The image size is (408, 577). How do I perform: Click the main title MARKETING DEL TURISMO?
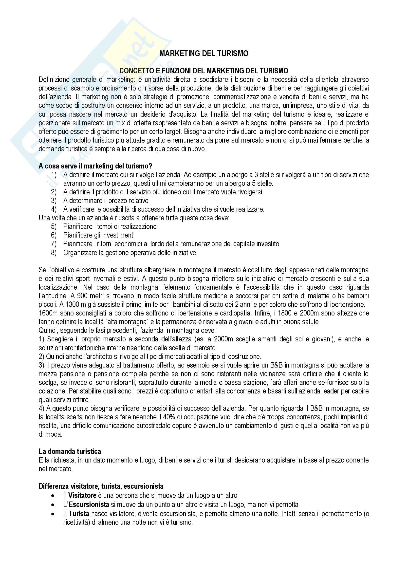(204, 54)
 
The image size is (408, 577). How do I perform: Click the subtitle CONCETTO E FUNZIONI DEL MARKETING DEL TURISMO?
(204, 71)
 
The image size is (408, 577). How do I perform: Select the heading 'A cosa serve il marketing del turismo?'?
(95, 166)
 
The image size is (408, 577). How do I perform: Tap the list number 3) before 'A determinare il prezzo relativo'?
(54, 201)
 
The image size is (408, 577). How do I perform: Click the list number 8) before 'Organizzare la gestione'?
(54, 253)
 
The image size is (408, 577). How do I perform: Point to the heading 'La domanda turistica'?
(70, 452)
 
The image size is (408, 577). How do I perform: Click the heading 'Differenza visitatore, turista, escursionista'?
(101, 486)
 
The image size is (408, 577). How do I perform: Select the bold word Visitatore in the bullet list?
(82, 495)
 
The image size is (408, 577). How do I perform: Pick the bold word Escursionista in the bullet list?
(89, 504)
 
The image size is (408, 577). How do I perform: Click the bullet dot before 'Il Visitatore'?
(53, 496)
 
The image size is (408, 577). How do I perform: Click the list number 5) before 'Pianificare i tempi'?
(54, 226)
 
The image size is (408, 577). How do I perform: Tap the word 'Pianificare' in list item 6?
(78, 235)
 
